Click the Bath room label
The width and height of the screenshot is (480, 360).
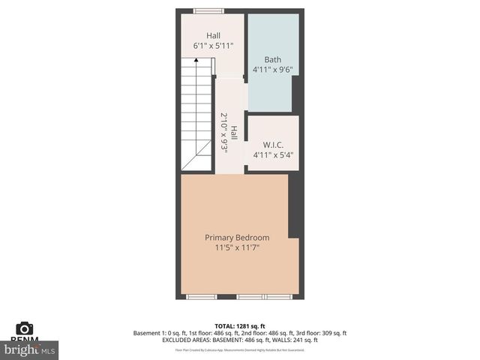272,59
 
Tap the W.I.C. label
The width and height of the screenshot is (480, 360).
271,145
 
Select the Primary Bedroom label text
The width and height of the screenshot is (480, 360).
237,238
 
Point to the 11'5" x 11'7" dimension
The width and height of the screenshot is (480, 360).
237,247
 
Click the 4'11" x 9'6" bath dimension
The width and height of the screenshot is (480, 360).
272,70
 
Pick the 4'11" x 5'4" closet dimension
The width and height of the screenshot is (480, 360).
272,155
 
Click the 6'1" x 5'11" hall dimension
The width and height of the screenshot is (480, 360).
214,46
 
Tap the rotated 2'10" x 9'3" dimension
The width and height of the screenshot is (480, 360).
224,133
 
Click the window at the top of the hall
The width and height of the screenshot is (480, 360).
208,10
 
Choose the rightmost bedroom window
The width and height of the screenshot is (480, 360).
277,297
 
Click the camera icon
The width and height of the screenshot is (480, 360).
24,328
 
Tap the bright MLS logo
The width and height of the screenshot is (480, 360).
30,349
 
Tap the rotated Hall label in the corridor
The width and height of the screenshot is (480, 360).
234,133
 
